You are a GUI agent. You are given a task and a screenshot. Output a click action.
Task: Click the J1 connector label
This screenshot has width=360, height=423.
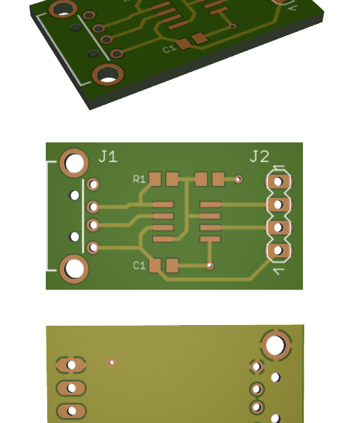(x=108, y=157)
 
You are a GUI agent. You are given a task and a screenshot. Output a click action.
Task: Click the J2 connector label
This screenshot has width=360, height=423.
(x=259, y=157)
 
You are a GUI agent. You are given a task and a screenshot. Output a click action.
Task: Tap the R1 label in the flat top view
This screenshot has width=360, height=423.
(x=139, y=179)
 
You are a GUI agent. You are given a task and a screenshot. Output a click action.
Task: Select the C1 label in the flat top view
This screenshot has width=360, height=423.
(x=139, y=266)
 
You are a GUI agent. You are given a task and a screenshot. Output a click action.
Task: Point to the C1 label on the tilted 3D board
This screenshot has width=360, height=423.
(x=169, y=49)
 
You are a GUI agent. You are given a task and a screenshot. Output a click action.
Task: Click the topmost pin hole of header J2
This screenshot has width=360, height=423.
(x=278, y=181)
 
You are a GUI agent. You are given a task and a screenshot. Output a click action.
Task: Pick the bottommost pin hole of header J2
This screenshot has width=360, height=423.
(x=278, y=250)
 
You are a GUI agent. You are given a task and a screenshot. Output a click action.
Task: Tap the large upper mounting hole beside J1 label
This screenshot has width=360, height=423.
(x=74, y=163)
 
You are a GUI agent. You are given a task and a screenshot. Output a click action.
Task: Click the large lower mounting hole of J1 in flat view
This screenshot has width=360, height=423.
(x=74, y=269)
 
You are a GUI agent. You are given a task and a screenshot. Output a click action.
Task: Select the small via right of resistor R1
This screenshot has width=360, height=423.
(x=238, y=180)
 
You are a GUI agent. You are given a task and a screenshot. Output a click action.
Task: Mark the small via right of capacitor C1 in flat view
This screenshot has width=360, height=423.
(x=209, y=266)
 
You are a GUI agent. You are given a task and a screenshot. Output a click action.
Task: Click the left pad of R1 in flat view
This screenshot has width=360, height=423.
(x=156, y=179)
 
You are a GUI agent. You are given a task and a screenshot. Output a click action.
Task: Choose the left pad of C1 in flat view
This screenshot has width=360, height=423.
(x=156, y=266)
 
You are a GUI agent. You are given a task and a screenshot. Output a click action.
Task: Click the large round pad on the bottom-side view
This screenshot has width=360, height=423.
(x=275, y=345)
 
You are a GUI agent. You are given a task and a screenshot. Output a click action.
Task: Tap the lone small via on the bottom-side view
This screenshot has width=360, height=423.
(x=111, y=362)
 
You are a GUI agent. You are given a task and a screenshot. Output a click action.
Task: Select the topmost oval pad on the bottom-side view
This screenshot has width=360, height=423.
(x=71, y=365)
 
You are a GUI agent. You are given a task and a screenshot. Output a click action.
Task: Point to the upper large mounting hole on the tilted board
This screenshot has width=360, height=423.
(x=63, y=8)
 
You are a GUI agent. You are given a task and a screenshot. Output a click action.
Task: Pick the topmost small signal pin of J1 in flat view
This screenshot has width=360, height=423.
(x=92, y=185)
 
